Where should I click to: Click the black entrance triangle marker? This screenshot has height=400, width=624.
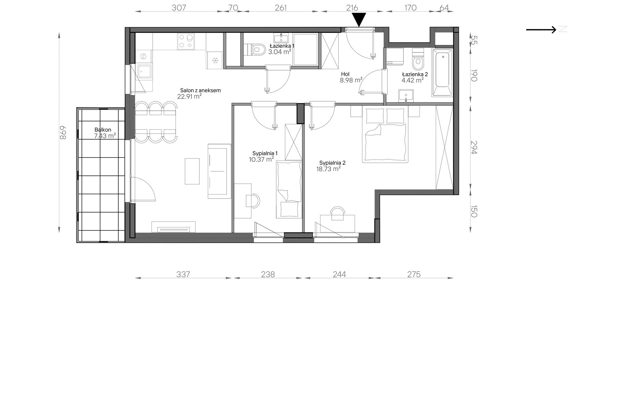coord(359,19)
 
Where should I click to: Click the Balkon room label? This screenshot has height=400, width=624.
coord(102,130)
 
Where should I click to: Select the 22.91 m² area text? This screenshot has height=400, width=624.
coord(189,96)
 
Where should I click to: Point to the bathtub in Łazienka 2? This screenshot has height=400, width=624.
coord(442,72)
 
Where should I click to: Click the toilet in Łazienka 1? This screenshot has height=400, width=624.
coord(256,49)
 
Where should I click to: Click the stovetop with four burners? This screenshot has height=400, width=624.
coord(185,41)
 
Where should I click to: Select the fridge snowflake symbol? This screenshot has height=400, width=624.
coord(215,60)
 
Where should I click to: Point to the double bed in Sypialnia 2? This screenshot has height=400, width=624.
coord(385,134)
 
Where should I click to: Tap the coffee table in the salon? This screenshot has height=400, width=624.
coord(192,171)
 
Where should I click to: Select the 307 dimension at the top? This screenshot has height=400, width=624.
coord(179,8)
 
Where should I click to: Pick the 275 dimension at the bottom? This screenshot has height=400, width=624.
coord(414,274)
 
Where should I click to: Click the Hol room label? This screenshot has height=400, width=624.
coord(345,74)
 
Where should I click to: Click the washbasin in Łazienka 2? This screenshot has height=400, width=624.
coord(406,96)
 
